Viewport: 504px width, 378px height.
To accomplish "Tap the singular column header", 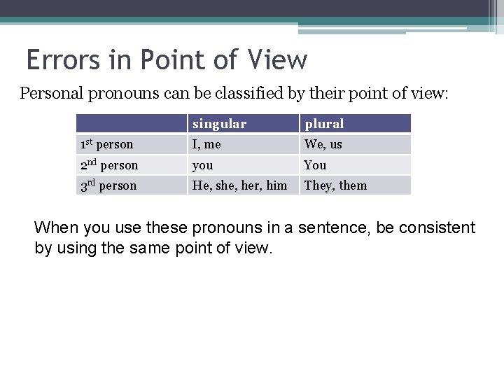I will coord(219,124).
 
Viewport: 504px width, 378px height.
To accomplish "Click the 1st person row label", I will coord(106,145).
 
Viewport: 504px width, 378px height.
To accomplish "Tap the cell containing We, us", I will coord(323,145).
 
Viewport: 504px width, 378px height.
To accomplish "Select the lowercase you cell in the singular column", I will coord(203,166).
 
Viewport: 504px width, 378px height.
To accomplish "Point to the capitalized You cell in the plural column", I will coord(315,166).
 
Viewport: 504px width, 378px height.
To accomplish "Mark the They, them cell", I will coord(335,185).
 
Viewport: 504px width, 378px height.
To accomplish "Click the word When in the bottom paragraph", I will coord(55,227).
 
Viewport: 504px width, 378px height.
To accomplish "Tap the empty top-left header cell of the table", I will coord(131,124).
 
